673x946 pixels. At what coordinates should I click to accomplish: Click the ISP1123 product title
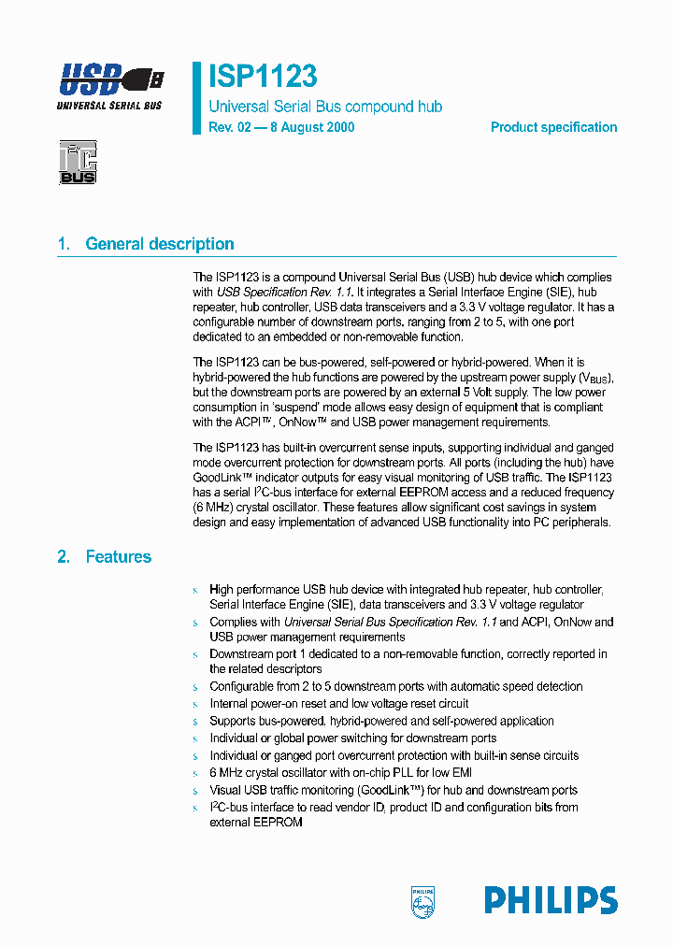coord(263,77)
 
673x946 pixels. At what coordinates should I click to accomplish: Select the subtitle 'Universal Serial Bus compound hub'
coord(325,107)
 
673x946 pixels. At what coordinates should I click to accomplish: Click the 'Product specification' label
coord(553,127)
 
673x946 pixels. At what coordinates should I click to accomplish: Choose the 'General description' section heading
coord(160,244)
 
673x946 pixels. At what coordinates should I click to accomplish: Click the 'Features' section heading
coord(119,556)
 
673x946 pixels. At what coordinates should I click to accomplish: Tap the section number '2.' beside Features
coord(64,556)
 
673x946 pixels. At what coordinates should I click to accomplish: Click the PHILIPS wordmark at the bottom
coord(551,901)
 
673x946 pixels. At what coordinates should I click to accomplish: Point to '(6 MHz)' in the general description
coord(213,506)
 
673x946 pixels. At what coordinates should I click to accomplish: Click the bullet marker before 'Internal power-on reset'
coord(195,704)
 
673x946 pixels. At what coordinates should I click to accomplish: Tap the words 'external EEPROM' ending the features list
coord(256,822)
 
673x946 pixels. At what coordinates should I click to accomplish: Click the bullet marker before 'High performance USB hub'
coord(195,591)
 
